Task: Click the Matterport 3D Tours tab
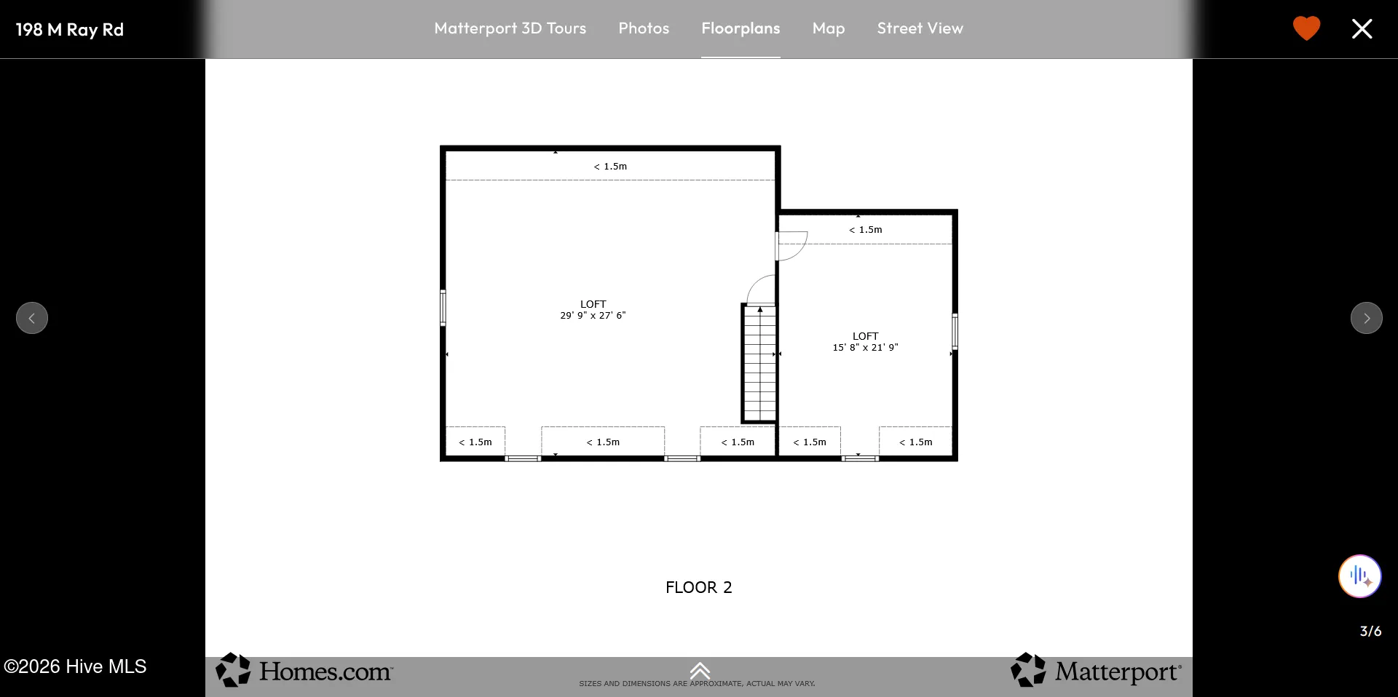pos(510,28)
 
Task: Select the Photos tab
pos(644,28)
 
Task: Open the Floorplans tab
pos(741,28)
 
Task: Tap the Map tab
pos(829,28)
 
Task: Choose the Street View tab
pos(920,28)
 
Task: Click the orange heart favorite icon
pos(1306,28)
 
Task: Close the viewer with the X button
pos(1362,28)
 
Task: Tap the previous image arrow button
pos(32,318)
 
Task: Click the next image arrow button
pos(1366,318)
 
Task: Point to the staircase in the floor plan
pos(759,363)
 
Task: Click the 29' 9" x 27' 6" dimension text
pos(593,316)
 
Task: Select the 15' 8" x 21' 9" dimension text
pos(865,348)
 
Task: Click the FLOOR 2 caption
pos(698,587)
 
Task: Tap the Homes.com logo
pos(304,670)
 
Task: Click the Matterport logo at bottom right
pos(1096,670)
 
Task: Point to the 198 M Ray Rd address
pos(70,30)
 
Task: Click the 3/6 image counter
pos(1370,631)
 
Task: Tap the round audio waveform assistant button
pos(1359,576)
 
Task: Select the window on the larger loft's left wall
pos(443,308)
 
